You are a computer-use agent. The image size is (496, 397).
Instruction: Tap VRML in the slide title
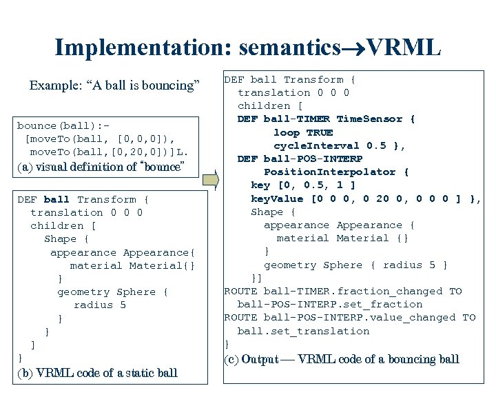pos(404,47)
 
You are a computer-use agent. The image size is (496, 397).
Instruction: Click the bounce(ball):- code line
pos(63,125)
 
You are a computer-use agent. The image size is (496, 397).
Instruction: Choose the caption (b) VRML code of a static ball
pos(97,373)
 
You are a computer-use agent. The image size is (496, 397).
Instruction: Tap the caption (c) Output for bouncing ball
pos(342,359)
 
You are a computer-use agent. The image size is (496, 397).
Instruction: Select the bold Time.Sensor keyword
pos(375,119)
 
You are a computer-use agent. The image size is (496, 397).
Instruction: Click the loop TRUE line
pos(303,132)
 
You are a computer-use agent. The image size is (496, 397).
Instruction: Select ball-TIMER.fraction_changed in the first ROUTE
pos(353,292)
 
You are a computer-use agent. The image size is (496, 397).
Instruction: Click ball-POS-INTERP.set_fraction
pos(330,305)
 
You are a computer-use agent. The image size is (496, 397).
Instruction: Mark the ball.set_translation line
pos(303,332)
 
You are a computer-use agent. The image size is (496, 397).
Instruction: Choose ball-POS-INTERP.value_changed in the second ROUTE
pos(360,318)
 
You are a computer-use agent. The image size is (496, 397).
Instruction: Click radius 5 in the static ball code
pos(100,305)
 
